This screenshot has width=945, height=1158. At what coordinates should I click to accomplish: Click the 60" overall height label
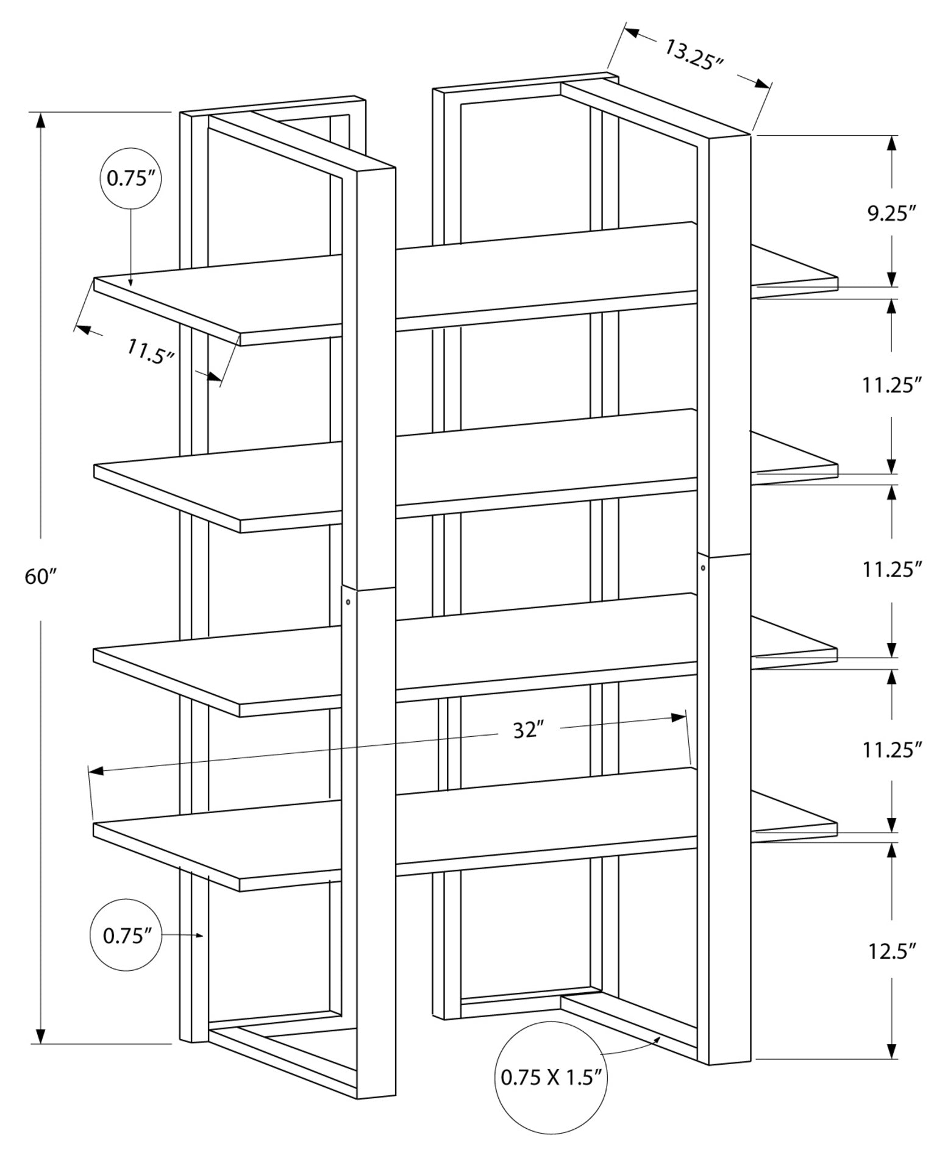pyautogui.click(x=40, y=576)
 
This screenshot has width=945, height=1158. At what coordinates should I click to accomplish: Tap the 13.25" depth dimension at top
pyautogui.click(x=693, y=55)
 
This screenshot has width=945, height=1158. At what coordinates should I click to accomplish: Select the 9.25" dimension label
pyautogui.click(x=892, y=214)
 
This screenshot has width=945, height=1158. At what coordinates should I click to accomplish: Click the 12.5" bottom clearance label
pyautogui.click(x=892, y=950)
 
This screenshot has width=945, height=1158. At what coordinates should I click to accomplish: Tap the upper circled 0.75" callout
pyautogui.click(x=130, y=179)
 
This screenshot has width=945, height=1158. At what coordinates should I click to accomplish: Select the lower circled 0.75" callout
pyautogui.click(x=126, y=935)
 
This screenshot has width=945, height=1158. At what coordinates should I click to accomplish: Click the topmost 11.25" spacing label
pyautogui.click(x=891, y=385)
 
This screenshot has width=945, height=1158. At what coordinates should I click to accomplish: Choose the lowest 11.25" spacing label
pyautogui.click(x=891, y=750)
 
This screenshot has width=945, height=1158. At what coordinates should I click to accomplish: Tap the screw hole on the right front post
pyautogui.click(x=704, y=568)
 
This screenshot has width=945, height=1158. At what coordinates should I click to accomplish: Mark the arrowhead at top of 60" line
pyautogui.click(x=41, y=120)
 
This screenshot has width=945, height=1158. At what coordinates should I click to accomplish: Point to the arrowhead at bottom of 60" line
pyautogui.click(x=41, y=1035)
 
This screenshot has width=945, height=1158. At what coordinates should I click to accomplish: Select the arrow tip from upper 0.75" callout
pyautogui.click(x=131, y=283)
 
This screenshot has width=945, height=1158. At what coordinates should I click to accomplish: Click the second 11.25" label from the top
pyautogui.click(x=891, y=570)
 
